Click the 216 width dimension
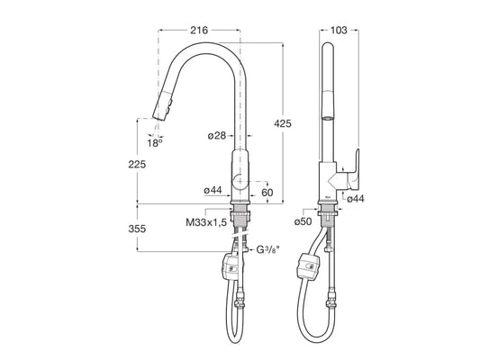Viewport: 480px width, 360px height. (x=199, y=31)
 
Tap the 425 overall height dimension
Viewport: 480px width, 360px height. (x=283, y=124)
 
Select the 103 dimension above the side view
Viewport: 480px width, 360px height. (x=339, y=31)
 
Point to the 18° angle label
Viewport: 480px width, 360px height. (x=155, y=143)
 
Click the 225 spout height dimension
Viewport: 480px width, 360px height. (x=137, y=165)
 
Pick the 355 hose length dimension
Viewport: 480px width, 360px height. (x=137, y=229)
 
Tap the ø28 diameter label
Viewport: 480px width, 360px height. (x=216, y=136)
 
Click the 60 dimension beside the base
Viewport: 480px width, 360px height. (x=267, y=193)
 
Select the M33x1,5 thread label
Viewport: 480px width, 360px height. (x=206, y=222)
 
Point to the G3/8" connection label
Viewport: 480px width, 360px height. (x=267, y=250)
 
